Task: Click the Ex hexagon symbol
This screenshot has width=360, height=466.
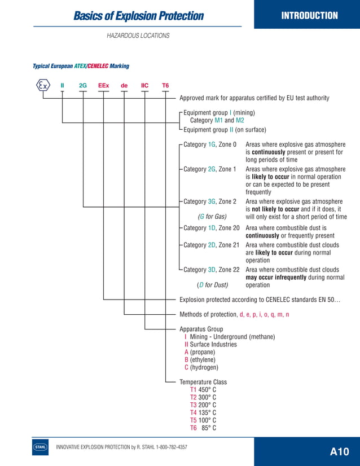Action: pyautogui.click(x=42, y=86)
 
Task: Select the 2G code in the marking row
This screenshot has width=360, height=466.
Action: pyautogui.click(x=83, y=86)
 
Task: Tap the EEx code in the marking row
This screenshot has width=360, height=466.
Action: pyautogui.click(x=103, y=86)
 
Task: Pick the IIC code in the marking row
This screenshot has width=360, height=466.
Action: pyautogui.click(x=144, y=86)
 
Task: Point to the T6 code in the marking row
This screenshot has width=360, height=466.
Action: pyautogui.click(x=165, y=86)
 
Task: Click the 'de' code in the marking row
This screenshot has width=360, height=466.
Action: pyautogui.click(x=124, y=86)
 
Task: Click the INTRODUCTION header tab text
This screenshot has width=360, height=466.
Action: pyautogui.click(x=309, y=16)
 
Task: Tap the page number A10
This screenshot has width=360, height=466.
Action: pyautogui.click(x=340, y=451)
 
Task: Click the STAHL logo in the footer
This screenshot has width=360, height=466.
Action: pyautogui.click(x=41, y=447)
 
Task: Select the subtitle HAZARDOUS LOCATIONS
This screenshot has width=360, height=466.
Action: pyautogui.click(x=138, y=36)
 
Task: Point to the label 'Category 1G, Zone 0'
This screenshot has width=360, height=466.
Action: pyautogui.click(x=210, y=145)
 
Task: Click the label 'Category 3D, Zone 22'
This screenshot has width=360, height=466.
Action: pyautogui.click(x=212, y=270)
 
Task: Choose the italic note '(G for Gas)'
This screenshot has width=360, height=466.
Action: pyautogui.click(x=212, y=217)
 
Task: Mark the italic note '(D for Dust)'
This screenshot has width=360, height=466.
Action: pyautogui.click(x=212, y=285)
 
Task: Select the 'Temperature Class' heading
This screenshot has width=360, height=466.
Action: pyautogui.click(x=203, y=382)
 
